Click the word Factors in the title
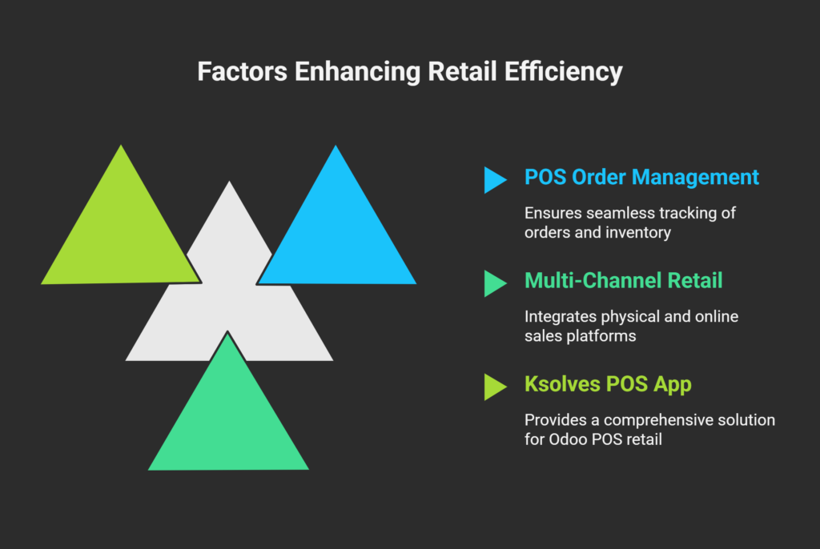[242, 71]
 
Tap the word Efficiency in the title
[563, 72]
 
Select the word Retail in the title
[462, 71]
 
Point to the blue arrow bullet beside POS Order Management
[495, 180]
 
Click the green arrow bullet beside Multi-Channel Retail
[495, 283]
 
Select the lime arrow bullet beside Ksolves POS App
[495, 387]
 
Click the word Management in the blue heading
[695, 178]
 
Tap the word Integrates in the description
[561, 317]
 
